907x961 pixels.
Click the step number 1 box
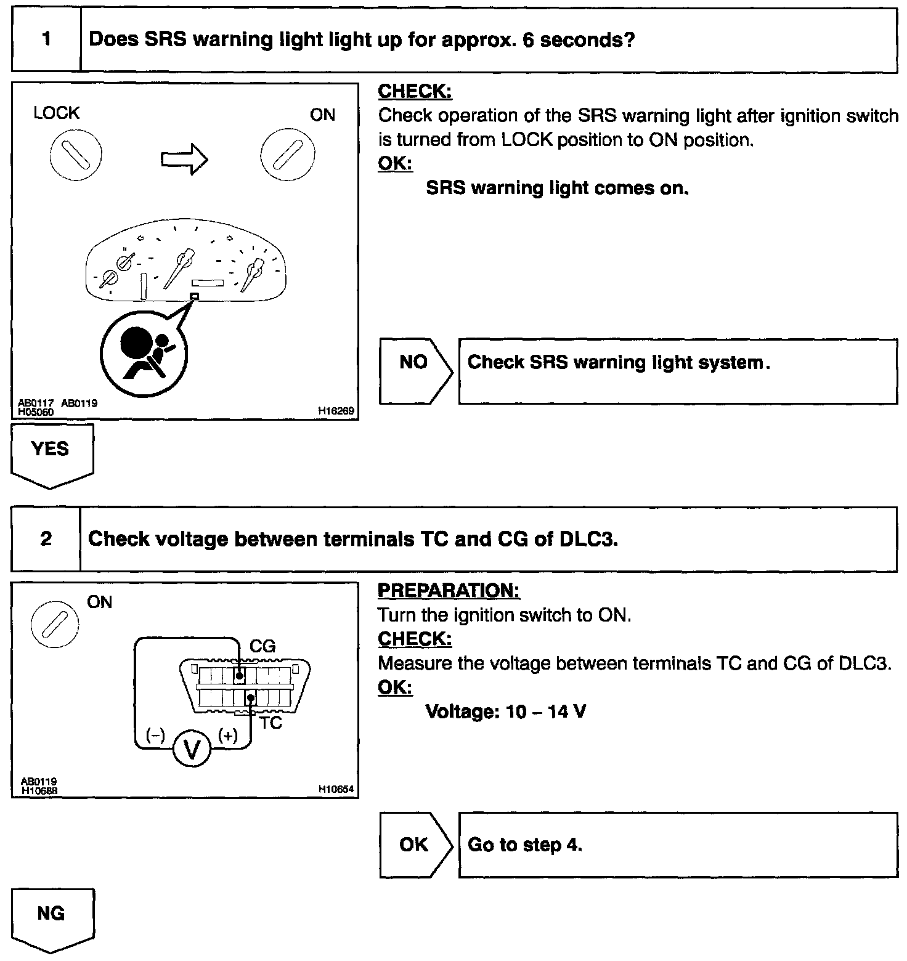click(46, 40)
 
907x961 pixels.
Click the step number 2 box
click(46, 540)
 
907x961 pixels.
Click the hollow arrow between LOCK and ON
click(184, 159)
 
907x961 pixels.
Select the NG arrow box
click(52, 918)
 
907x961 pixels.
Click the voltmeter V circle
click(192, 750)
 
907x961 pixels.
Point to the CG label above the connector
click(262, 646)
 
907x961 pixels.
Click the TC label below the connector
click(270, 723)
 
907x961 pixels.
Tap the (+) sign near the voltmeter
click(228, 736)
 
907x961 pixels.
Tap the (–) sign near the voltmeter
click(155, 736)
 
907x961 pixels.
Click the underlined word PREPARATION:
click(448, 590)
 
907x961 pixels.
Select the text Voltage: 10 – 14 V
click(505, 712)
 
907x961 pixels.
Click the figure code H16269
click(336, 410)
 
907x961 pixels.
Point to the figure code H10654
click(336, 789)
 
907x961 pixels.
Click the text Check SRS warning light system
click(619, 362)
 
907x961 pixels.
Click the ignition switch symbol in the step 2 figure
click(54, 625)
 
